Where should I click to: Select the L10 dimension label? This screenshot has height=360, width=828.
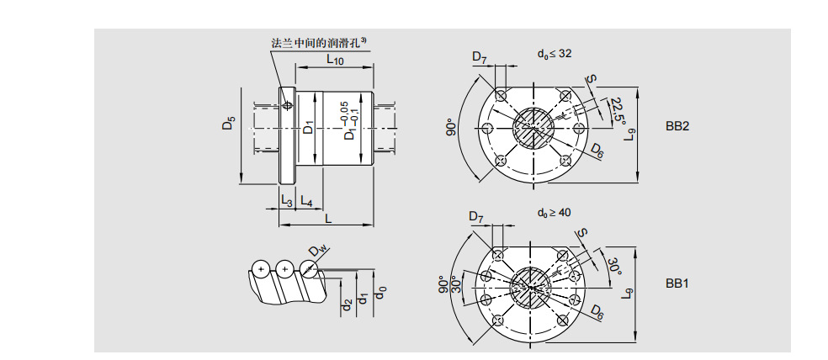pyautogui.click(x=334, y=60)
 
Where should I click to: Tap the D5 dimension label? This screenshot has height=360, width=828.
pyautogui.click(x=228, y=124)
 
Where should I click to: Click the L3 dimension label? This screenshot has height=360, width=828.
pyautogui.click(x=286, y=203)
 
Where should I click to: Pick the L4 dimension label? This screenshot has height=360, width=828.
pyautogui.click(x=306, y=203)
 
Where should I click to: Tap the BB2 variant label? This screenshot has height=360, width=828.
pyautogui.click(x=677, y=127)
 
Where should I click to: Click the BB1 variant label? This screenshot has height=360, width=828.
pyautogui.click(x=677, y=283)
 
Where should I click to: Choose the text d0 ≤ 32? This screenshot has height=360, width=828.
pyautogui.click(x=555, y=53)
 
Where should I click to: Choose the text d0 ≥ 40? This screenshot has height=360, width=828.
pyautogui.click(x=554, y=213)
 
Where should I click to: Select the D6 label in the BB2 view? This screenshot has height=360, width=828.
pyautogui.click(x=596, y=151)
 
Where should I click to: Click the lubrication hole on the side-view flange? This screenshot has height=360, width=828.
pyautogui.click(x=289, y=106)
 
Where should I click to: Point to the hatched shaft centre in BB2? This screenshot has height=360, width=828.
pyautogui.click(x=533, y=128)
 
